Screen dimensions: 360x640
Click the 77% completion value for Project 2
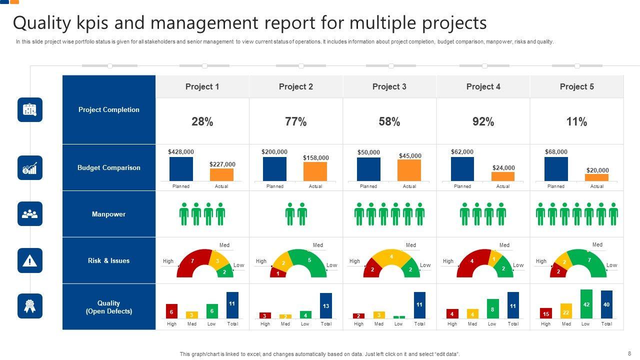pos(295,121)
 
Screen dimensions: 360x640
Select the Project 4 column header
pos(483,86)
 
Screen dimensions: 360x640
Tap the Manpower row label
pos(108,214)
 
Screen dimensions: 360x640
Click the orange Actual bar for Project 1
pos(221,174)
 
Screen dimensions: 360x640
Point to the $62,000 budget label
pos(462,151)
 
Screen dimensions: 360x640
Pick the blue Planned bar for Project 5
pos(556,169)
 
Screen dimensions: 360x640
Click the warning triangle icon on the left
pos(30,260)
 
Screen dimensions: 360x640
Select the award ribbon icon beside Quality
pos(30,306)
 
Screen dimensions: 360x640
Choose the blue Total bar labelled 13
pos(326,305)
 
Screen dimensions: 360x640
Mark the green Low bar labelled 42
pos(586,304)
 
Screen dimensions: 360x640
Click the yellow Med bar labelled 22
pos(566,311)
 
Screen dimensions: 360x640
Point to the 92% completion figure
pos(483,121)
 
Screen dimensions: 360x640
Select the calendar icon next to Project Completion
pos(30,109)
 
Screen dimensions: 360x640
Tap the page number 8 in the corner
pos(629,353)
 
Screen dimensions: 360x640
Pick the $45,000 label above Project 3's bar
pos(410,155)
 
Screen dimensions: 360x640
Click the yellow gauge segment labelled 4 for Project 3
pos(391,257)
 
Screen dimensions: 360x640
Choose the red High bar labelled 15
pos(546,313)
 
